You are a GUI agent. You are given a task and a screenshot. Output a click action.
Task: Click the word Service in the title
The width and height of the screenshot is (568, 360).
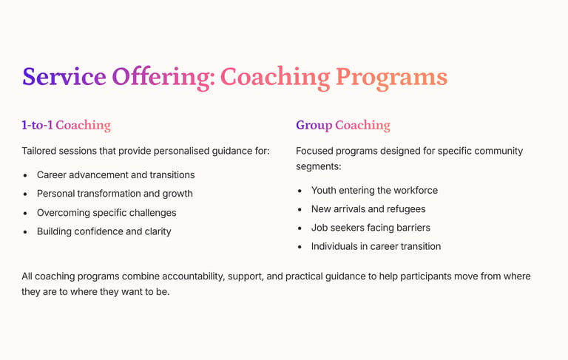(64, 76)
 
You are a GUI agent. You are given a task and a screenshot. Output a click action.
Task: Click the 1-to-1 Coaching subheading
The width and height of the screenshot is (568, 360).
(67, 125)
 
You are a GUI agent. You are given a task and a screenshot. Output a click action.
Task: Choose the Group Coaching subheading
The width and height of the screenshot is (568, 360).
(343, 126)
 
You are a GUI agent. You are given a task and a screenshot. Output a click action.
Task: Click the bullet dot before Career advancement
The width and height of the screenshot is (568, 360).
(25, 175)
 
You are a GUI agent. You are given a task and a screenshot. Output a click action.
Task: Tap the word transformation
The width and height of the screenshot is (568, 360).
(109, 194)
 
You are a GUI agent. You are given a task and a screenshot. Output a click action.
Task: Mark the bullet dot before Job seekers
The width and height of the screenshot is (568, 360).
(300, 228)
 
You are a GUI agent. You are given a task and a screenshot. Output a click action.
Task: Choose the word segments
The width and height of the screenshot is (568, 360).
(319, 167)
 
